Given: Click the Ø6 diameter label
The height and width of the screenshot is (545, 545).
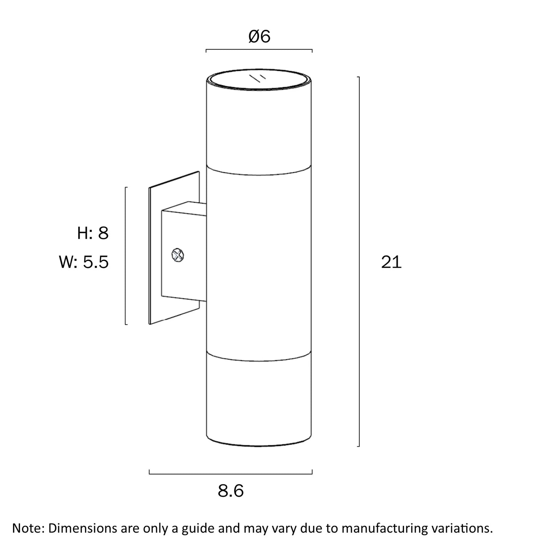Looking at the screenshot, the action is [x=259, y=36].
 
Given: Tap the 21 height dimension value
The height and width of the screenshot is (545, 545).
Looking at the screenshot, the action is [x=391, y=262].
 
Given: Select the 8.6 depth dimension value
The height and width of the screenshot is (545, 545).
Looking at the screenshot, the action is [x=231, y=491].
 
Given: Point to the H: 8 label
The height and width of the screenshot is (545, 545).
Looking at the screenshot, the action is [x=93, y=233].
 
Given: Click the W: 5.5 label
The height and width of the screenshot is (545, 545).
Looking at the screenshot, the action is [x=84, y=262].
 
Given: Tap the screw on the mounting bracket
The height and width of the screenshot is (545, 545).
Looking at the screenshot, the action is [x=177, y=255].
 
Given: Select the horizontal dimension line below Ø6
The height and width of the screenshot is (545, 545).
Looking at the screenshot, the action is [x=259, y=49].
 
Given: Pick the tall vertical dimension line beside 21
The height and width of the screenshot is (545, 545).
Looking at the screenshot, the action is [x=359, y=262].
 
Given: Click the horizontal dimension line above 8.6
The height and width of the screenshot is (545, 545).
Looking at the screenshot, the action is [x=231, y=473].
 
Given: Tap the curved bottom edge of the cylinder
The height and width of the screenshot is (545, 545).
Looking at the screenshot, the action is [x=259, y=443].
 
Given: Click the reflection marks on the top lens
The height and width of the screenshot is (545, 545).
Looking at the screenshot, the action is [x=258, y=78].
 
